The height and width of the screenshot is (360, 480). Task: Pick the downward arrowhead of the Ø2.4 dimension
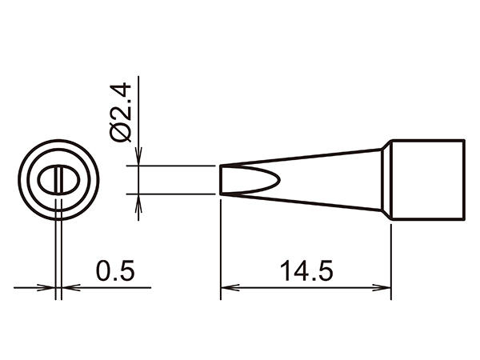click(140, 161)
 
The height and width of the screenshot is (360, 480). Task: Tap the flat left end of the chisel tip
click(220, 179)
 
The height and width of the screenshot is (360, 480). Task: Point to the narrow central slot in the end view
click(58, 178)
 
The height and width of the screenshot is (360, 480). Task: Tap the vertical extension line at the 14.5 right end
click(391, 256)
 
